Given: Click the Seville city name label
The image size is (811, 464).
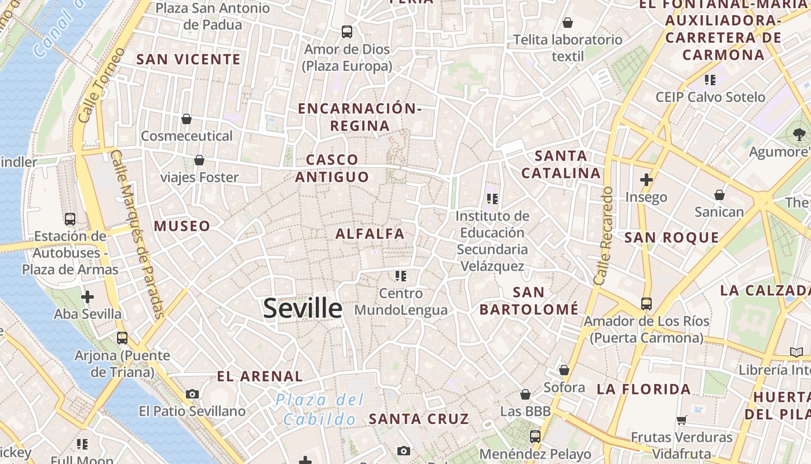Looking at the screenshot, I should pos(302,308).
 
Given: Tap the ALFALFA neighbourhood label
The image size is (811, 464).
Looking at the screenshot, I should pos(370,234).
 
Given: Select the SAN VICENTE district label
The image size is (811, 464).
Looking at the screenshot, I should pos(188,59).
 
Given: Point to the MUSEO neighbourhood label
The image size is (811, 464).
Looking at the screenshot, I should pos(182,226).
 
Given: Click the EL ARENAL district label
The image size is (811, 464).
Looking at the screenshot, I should pos(260,376).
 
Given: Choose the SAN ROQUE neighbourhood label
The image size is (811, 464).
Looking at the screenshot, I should pos(671,237).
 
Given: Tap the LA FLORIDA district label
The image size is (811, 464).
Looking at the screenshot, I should pos(644,389).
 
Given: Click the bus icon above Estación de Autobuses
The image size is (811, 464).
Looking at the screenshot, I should pos(70,219).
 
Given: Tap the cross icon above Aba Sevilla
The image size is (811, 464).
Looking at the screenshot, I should pos(87,297).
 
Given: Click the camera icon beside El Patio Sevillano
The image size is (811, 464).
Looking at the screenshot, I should pos(192,394).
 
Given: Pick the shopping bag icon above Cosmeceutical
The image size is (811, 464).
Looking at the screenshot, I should pos(187,119).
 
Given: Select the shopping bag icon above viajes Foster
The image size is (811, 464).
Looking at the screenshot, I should pos(199,159).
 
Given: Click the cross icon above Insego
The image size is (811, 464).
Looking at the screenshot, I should pos(646,180).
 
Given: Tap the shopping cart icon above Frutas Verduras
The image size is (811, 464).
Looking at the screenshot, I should pos(682,419).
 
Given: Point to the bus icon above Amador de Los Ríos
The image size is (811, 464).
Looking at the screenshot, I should pos(646,303).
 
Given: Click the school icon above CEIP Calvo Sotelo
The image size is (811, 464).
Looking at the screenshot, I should pos(710,79).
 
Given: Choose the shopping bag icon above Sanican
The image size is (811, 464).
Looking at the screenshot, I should pos(719,194).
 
